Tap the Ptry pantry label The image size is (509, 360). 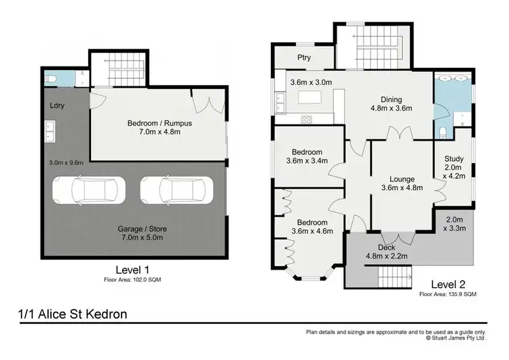pyautogui.click(x=304, y=58)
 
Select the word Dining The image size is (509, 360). pyautogui.click(x=392, y=98)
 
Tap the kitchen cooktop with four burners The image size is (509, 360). pyautogui.click(x=306, y=120)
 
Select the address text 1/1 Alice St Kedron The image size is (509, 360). pyautogui.click(x=73, y=315)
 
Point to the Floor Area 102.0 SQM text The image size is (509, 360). pyautogui.click(x=133, y=280)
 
